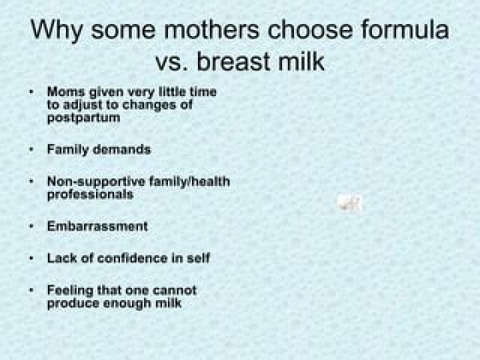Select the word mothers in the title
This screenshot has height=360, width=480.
click(x=211, y=30)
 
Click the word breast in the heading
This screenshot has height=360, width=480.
click(x=233, y=61)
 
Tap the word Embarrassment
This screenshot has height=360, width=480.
click(x=97, y=226)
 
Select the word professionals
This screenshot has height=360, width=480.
click(x=90, y=195)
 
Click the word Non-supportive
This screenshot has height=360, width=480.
click(x=96, y=182)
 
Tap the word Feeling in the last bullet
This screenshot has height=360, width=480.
click(x=70, y=291)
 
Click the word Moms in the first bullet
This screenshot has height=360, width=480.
click(x=66, y=92)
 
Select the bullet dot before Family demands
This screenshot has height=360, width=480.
click(x=31, y=150)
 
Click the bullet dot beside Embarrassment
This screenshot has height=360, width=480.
click(x=31, y=227)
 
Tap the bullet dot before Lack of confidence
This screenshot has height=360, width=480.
click(x=31, y=259)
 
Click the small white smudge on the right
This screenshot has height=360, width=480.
click(x=349, y=203)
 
